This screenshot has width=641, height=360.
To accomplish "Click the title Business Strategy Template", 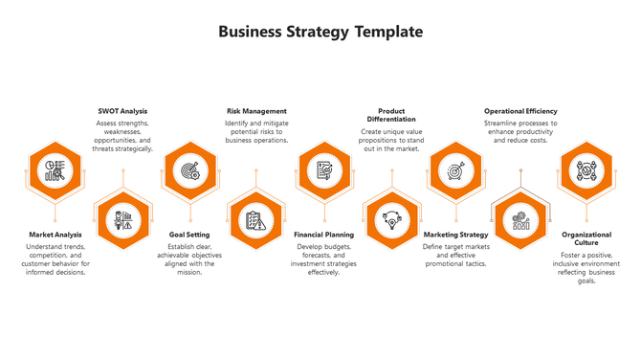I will tap(320, 32).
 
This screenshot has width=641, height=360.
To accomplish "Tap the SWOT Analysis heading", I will tap(122, 111).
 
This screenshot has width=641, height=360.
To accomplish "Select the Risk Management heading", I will tap(256, 111).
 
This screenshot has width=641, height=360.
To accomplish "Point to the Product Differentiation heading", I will tap(391, 115).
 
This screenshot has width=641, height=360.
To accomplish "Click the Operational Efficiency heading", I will tap(520, 111).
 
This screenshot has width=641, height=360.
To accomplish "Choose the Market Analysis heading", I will tap(55, 235).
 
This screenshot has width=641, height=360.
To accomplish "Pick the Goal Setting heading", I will tap(189, 235).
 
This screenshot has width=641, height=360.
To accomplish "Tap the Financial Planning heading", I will tap(323, 235).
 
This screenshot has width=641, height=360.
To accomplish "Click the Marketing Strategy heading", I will tap(455, 235).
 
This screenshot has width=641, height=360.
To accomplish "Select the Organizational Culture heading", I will tap(586, 238).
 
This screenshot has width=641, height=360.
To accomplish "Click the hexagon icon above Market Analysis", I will tap(54, 170).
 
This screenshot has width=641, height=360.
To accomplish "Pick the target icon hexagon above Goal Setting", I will tap(189, 170).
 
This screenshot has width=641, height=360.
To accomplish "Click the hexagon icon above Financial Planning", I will tap(324, 170).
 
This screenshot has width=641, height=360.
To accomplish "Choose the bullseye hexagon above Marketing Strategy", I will tap(455, 170).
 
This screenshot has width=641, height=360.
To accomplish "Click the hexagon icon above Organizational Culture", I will tap(586, 170).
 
